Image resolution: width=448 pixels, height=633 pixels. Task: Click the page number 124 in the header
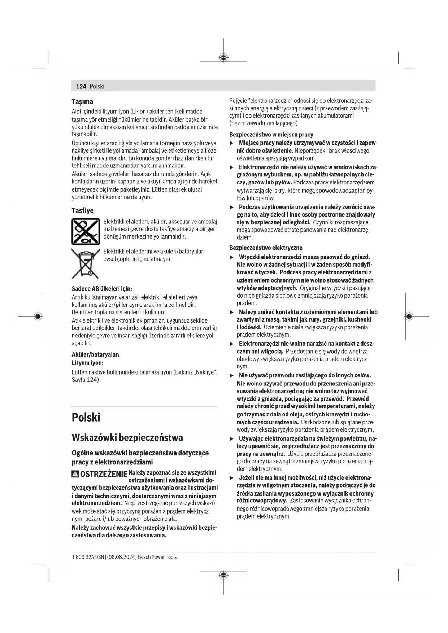pos(81,86)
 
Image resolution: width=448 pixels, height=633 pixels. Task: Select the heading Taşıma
pos(82,101)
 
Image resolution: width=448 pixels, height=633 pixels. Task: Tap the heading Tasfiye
pos(82,210)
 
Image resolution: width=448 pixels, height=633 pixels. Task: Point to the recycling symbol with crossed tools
pos(86,232)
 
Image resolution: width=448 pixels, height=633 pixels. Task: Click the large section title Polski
pos(86,417)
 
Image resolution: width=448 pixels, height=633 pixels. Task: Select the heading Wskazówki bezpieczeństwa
pos(127,437)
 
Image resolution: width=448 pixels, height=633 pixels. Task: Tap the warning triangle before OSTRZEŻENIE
pos(75,474)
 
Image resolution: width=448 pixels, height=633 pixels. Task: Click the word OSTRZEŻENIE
pos(104,474)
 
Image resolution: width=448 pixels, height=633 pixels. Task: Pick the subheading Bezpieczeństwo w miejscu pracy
pos(271,134)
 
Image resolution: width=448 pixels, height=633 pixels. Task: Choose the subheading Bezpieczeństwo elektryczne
pos(266,248)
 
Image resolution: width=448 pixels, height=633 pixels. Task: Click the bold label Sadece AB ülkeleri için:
pos(102,288)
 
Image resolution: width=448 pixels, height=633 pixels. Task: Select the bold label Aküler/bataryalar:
pos(96,354)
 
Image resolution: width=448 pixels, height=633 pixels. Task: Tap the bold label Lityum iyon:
pos(87,363)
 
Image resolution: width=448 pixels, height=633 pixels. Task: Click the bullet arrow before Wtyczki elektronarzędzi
pos(232,257)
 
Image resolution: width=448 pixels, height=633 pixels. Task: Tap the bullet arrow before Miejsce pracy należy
pos(232,143)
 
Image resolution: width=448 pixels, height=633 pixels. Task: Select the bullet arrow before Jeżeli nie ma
pos(232,478)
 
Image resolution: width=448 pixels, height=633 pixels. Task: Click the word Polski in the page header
pos(97,86)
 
